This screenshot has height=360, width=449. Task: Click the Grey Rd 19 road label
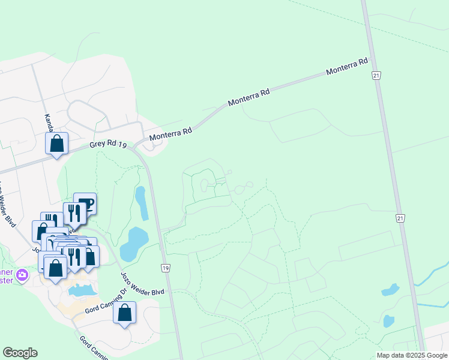[109, 145]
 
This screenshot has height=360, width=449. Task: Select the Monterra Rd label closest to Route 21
[346, 67]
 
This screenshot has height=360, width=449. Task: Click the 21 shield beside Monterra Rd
[376, 75]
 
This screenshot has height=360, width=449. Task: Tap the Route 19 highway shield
[166, 266]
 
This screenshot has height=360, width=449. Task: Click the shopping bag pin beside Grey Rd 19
[57, 143]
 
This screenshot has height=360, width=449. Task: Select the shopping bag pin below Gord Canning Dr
[124, 313]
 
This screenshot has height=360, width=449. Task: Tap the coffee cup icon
[85, 203]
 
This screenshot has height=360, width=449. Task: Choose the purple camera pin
[23, 275]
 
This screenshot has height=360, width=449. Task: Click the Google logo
[20, 353]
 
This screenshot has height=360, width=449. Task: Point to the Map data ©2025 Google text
[412, 355]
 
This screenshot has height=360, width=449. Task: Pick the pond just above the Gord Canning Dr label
[82, 290]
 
